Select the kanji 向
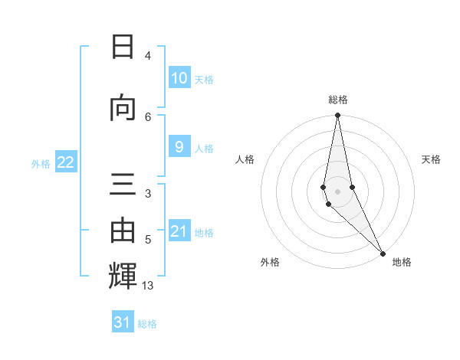point(123,108)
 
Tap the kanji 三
point(123,185)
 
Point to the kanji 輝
point(123,275)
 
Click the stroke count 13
point(148,286)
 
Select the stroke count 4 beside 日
point(147,56)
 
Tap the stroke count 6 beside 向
point(148,116)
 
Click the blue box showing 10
point(179,78)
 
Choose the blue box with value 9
point(179,147)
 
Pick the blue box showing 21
point(179,231)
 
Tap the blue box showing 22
point(66,162)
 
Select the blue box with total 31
point(123,322)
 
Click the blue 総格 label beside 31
point(147,324)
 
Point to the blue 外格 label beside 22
point(41,163)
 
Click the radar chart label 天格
point(431,159)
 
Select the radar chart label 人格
point(245,159)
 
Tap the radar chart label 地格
point(402,262)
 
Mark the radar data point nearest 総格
point(337,116)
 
